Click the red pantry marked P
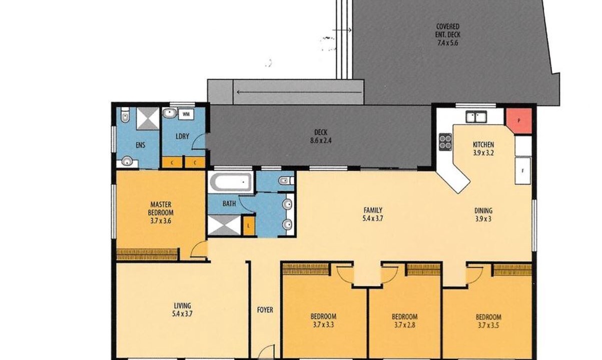[519, 121]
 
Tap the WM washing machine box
[186, 114]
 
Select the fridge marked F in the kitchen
[523, 171]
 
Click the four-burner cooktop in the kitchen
[445, 141]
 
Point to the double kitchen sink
[476, 117]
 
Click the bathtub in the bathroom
[231, 182]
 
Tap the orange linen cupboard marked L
[249, 226]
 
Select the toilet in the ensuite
[125, 115]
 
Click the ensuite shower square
[148, 118]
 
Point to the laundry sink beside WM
[170, 113]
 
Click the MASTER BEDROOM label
[161, 208]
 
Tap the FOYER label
[265, 310]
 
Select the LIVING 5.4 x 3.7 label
[183, 309]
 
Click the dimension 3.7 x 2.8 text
[405, 325]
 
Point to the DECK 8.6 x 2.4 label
[321, 136]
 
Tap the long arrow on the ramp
[299, 92]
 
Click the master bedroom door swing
[199, 249]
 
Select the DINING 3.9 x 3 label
[483, 214]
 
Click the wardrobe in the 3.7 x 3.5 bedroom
[513, 270]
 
